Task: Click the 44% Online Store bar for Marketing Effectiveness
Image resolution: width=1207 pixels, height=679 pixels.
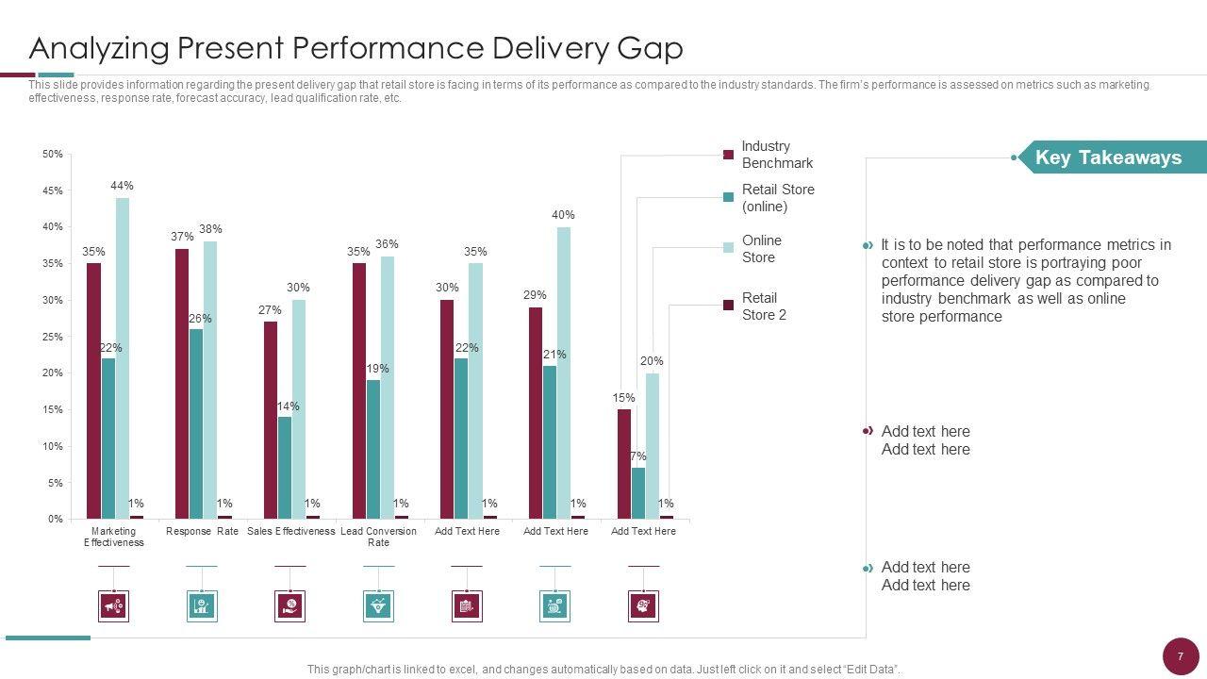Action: point(123,357)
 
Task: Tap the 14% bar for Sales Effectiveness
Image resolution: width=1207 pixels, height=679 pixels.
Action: point(285,468)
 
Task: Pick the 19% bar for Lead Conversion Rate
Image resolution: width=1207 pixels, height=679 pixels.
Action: point(373,449)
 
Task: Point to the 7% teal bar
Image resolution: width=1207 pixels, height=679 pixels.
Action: point(638,493)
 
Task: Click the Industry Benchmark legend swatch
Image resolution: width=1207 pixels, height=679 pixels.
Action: point(728,155)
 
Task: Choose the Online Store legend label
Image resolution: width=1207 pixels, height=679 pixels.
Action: point(761,249)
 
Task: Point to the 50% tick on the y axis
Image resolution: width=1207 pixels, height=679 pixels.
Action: point(53,154)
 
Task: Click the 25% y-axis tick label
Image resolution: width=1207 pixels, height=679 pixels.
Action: point(53,337)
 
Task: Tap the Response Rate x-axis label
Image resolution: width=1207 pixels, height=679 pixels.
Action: point(202,531)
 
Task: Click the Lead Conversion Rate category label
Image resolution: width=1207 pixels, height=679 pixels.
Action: point(378,537)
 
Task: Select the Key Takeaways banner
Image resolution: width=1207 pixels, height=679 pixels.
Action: point(1108,157)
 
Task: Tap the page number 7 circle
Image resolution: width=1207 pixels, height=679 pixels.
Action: point(1180,656)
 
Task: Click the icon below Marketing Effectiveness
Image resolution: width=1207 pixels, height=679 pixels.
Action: point(114,606)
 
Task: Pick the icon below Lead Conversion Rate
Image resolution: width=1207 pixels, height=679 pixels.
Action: point(378,606)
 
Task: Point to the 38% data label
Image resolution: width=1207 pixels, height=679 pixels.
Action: point(210,229)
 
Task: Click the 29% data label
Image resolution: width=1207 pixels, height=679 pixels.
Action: point(535,295)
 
